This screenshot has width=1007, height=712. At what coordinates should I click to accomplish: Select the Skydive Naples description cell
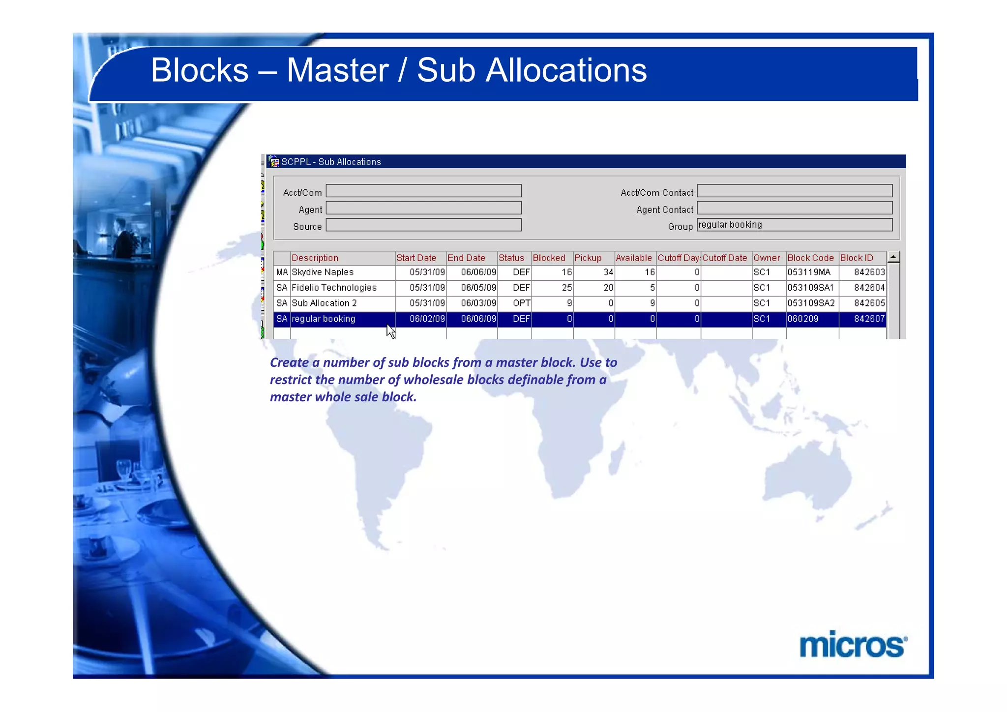pos(323,272)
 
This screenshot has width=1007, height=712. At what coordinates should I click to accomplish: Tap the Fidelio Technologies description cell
pos(334,288)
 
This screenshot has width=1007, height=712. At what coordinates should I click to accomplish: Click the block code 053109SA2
pos(811,303)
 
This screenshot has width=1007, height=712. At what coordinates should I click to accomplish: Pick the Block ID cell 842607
pos(869,319)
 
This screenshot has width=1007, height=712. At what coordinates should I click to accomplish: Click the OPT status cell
pos(521,303)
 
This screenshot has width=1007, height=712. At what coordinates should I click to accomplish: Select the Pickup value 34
pos(608,272)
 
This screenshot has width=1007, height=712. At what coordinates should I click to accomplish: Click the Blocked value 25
pos(566,288)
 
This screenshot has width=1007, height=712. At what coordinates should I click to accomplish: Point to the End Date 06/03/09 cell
pos(478,303)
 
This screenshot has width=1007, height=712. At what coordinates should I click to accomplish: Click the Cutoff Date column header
pos(724,258)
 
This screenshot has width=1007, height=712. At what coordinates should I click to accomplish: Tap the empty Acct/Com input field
pos(423,191)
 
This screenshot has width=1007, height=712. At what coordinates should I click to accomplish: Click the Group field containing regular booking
pos(794,225)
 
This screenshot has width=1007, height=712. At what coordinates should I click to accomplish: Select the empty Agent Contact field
pos(794,208)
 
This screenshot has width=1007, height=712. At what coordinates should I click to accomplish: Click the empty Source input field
pos(423,225)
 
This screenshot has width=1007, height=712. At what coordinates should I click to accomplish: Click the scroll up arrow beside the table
pos(893,257)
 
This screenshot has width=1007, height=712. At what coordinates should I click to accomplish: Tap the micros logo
pos(853,645)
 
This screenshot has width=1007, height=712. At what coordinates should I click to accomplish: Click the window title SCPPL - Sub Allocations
pos(331,162)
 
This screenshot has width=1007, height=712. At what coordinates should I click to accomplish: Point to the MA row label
pos(282,272)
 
